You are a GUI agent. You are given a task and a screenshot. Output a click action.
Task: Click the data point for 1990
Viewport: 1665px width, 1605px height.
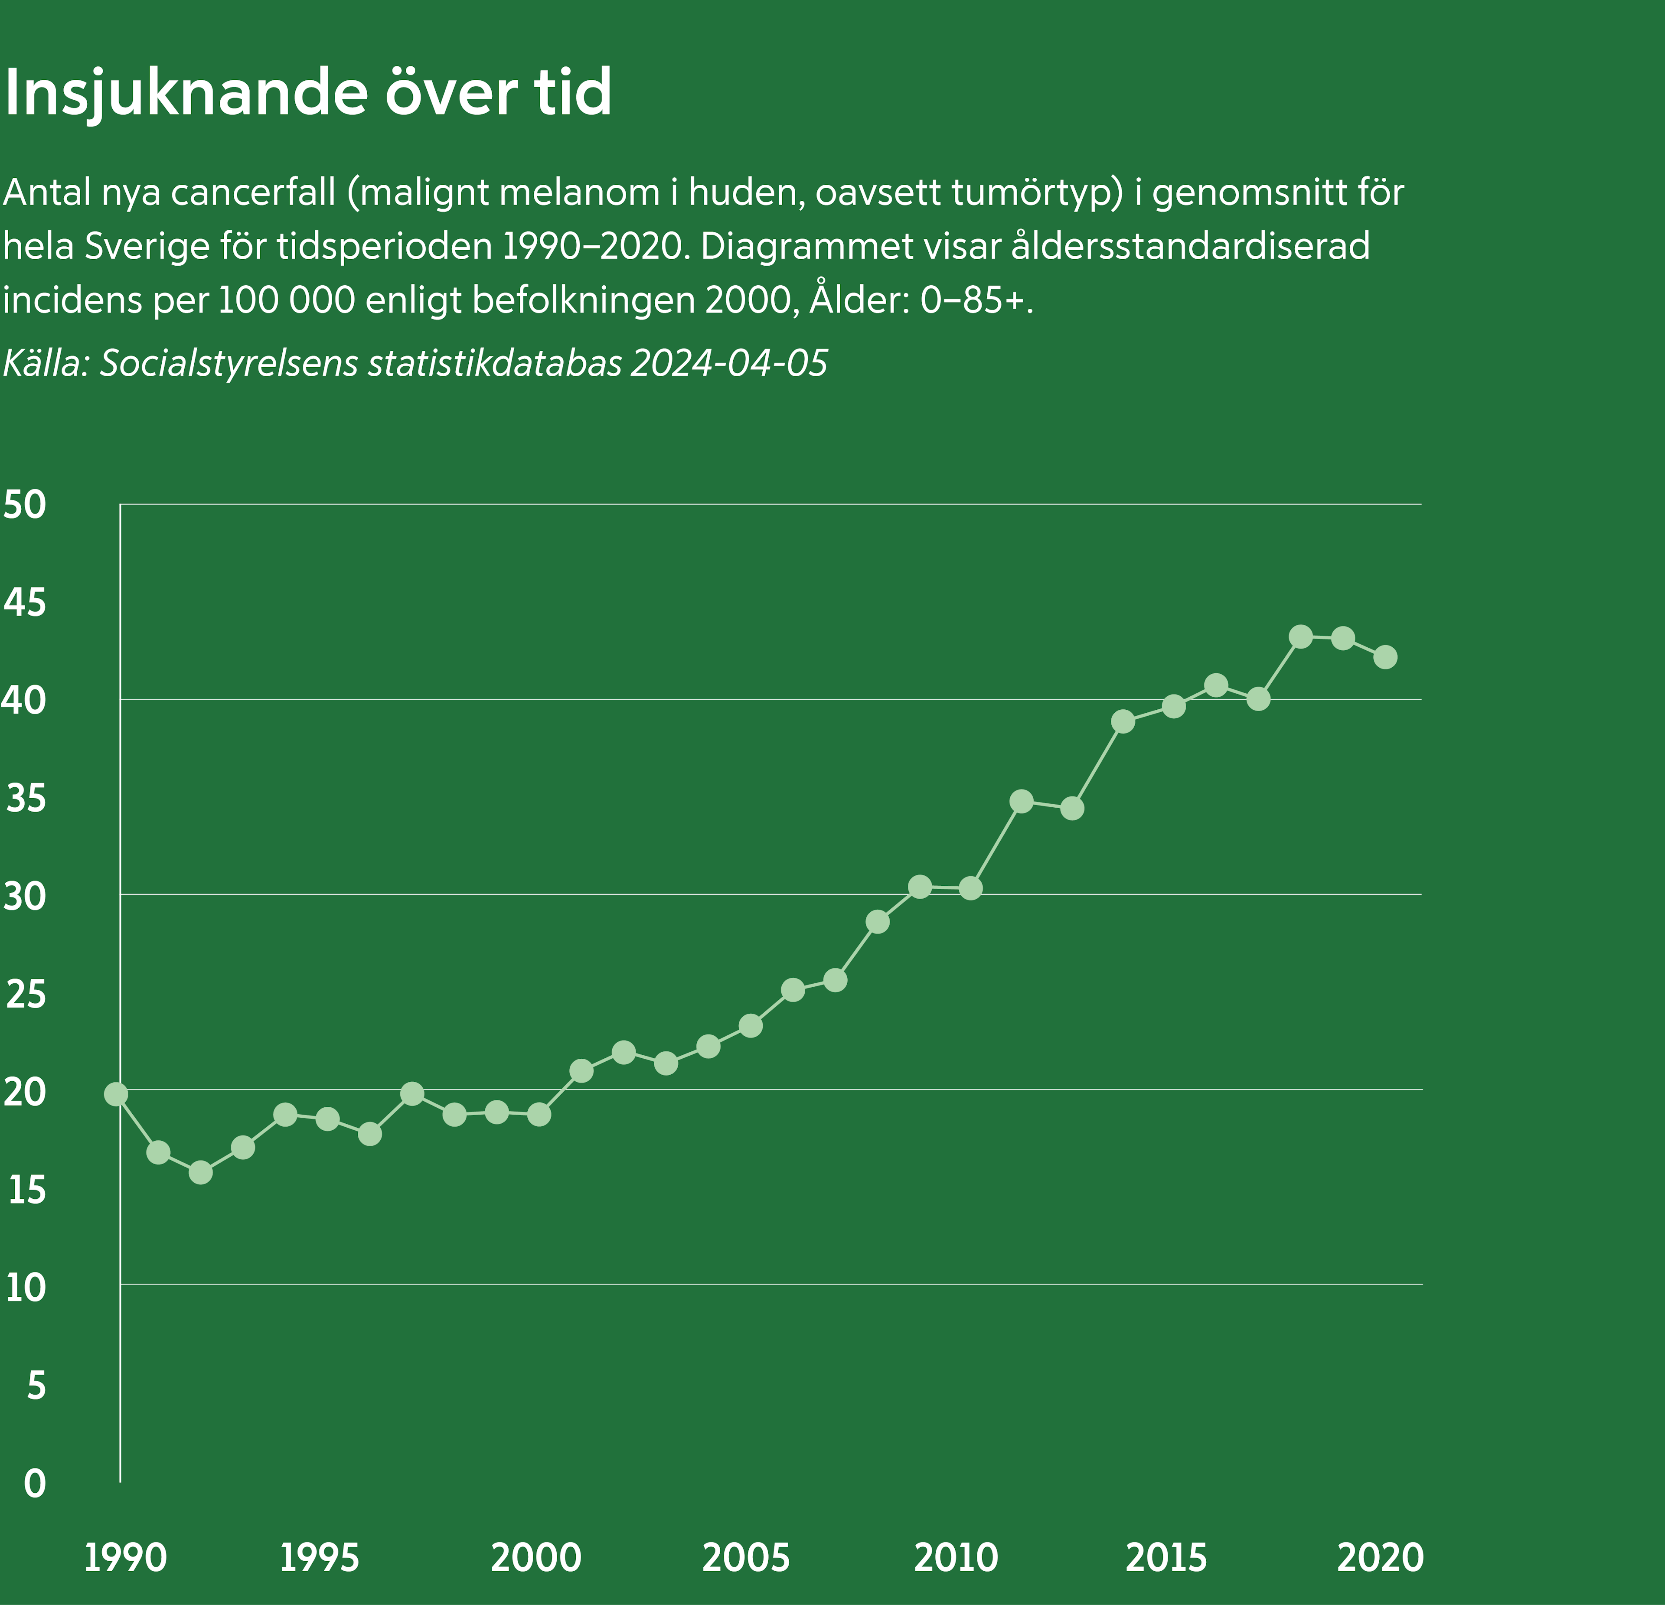pyautogui.click(x=116, y=1094)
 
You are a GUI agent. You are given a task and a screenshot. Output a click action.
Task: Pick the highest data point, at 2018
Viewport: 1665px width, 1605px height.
pyautogui.click(x=1301, y=636)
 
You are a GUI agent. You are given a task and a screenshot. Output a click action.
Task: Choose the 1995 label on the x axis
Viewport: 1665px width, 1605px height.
pyautogui.click(x=320, y=1558)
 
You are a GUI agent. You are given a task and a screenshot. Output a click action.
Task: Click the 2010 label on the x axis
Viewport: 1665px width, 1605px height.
pyautogui.click(x=956, y=1558)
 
